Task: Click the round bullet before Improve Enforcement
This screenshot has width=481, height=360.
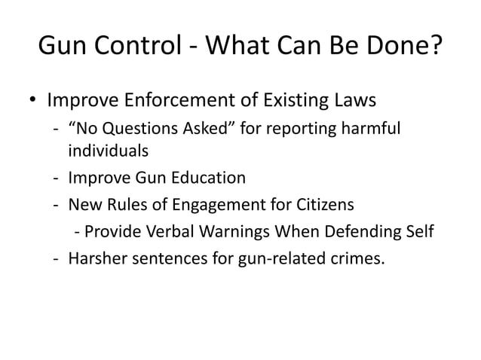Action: [33, 100]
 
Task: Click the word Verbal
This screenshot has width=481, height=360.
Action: [167, 230]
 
